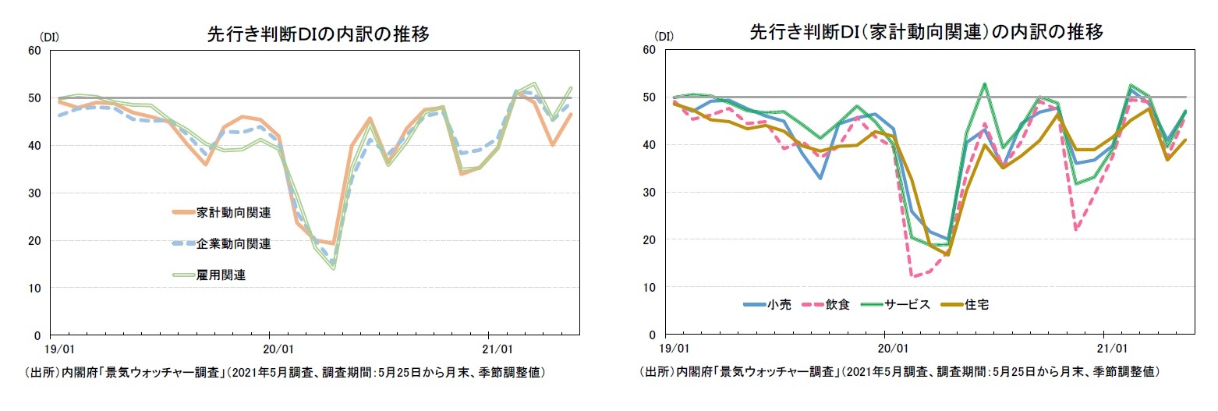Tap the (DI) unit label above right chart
pyautogui.click(x=664, y=37)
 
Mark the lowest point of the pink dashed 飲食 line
pyautogui.click(x=912, y=276)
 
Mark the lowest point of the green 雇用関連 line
pyautogui.click(x=333, y=269)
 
